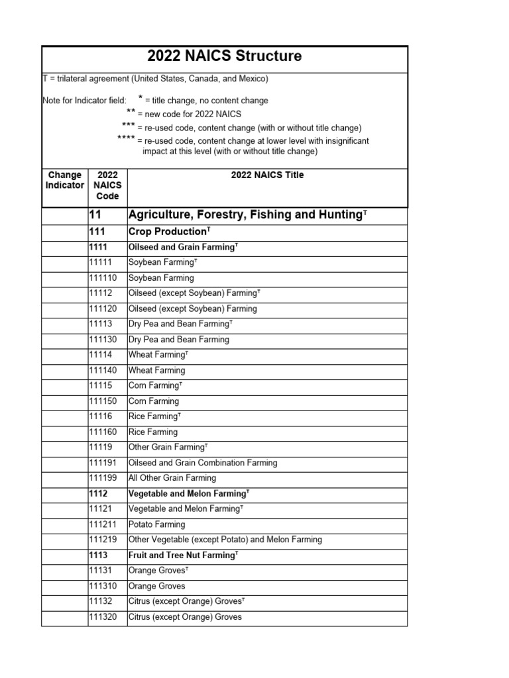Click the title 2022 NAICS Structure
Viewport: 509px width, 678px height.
[225, 56]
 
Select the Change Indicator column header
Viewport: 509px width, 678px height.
[64, 180]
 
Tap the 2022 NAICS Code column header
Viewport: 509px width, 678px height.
[107, 185]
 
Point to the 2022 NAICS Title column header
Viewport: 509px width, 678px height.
[267, 175]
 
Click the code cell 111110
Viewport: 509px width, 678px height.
[103, 278]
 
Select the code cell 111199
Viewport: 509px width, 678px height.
[103, 478]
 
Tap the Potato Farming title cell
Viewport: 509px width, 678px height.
[156, 524]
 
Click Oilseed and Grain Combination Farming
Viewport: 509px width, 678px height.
[202, 463]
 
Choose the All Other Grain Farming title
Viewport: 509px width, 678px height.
[172, 478]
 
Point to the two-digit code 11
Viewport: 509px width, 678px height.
[95, 215]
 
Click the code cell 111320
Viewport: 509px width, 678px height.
[103, 617]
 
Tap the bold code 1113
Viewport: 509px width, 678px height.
[98, 556]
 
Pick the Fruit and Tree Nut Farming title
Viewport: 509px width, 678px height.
[183, 556]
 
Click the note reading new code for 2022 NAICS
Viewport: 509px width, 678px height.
[189, 114]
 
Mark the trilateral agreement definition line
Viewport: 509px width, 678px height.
[155, 79]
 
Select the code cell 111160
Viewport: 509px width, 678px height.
[103, 432]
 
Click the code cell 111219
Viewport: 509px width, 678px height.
[103, 540]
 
